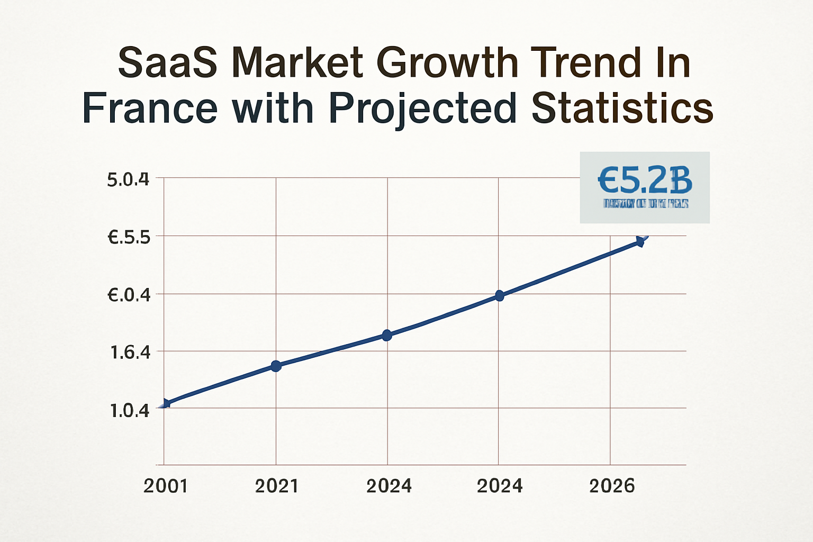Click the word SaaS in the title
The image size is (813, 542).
point(167,63)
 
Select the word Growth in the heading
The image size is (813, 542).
point(447,63)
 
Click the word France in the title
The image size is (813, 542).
point(150,109)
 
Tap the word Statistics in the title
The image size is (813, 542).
point(622,109)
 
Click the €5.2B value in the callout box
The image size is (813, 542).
point(645,180)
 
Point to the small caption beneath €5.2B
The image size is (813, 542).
point(645,203)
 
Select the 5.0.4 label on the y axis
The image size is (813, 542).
point(128,180)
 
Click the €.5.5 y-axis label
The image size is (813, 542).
point(129,238)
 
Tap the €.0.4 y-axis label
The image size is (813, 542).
point(129,295)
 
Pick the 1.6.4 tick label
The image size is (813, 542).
point(130,353)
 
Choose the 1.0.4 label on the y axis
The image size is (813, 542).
point(129,410)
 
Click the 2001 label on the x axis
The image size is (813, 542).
point(165,486)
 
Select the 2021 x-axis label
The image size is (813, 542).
point(276,486)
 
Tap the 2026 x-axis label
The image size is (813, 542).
point(611,486)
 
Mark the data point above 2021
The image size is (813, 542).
point(276,366)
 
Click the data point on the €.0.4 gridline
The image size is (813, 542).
point(499,295)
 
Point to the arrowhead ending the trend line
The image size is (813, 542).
point(640,241)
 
